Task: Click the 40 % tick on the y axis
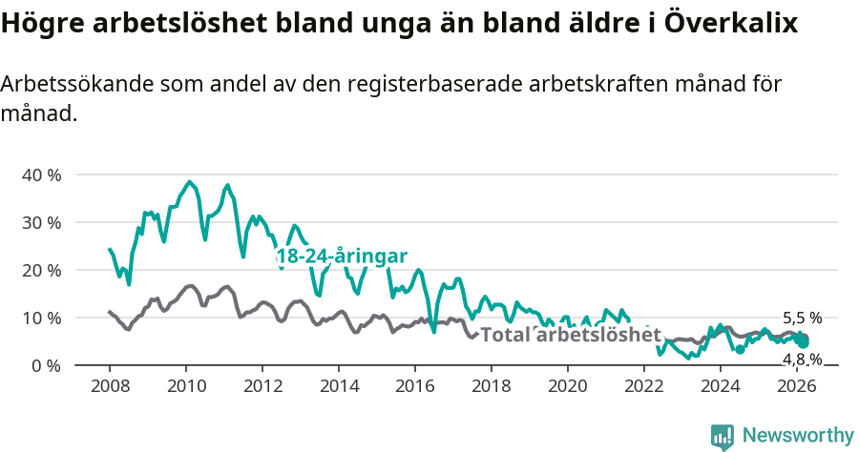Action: pyautogui.click(x=41, y=175)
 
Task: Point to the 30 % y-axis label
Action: pyautogui.click(x=41, y=222)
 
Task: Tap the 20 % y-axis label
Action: pyautogui.click(x=41, y=270)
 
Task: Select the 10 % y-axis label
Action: pyautogui.click(x=41, y=318)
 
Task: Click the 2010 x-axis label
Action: pyautogui.click(x=185, y=386)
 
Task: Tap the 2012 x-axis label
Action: pyautogui.click(x=262, y=386)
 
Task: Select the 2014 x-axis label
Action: pyautogui.click(x=338, y=386)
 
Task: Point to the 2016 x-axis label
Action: pyautogui.click(x=414, y=386)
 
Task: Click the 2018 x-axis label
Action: pyautogui.click(x=491, y=386)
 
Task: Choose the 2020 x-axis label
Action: pyautogui.click(x=567, y=386)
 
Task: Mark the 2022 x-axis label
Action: pyautogui.click(x=643, y=386)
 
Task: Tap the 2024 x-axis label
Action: pyautogui.click(x=720, y=386)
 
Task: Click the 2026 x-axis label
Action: pyautogui.click(x=796, y=386)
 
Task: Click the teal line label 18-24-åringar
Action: pyautogui.click(x=342, y=257)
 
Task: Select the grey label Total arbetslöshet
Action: pyautogui.click(x=570, y=335)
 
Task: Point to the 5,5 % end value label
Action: pyautogui.click(x=802, y=318)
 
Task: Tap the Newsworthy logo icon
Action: pyautogui.click(x=723, y=437)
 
